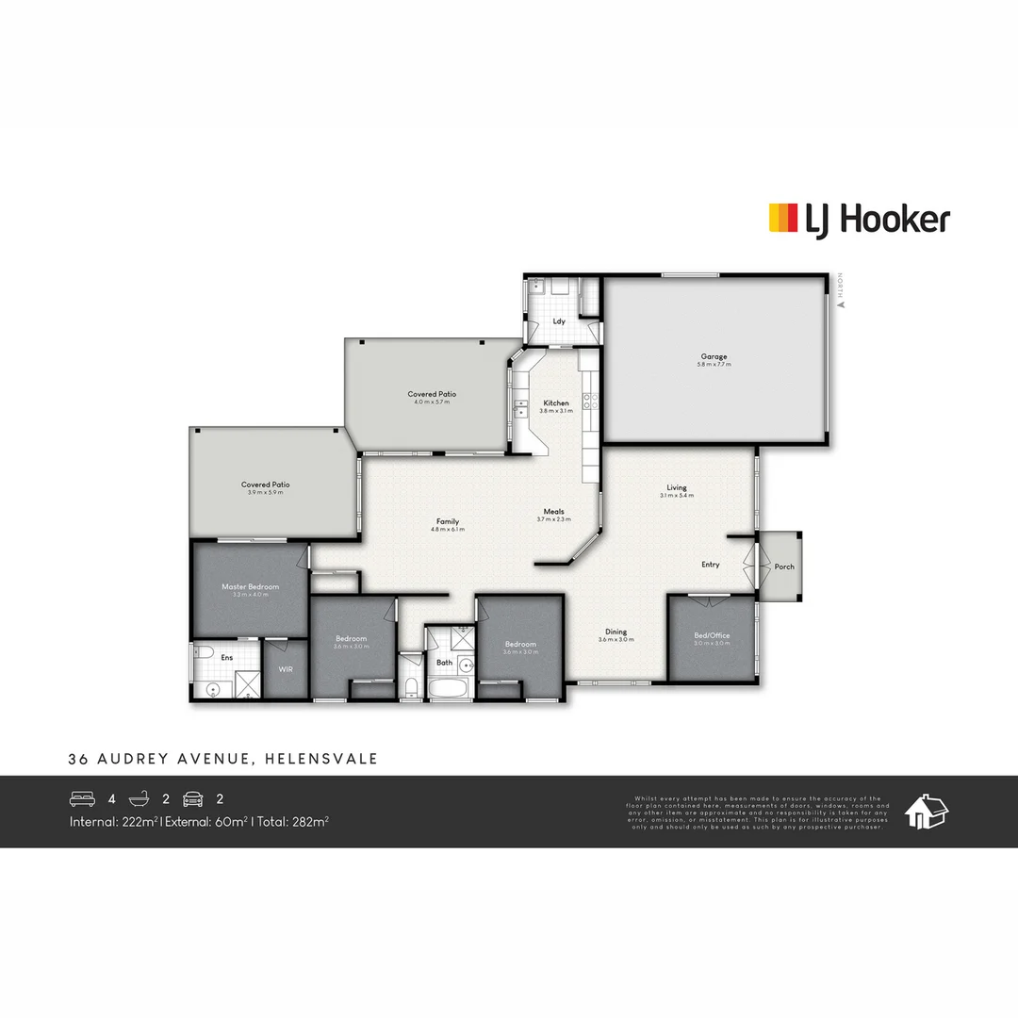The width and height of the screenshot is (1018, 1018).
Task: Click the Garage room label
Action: pyautogui.click(x=713, y=357)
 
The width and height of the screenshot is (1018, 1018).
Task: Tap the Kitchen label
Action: pyautogui.click(x=555, y=403)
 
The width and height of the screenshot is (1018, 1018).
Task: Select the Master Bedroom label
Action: pyautogui.click(x=251, y=587)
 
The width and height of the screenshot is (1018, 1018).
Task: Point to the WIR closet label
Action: pyautogui.click(x=285, y=668)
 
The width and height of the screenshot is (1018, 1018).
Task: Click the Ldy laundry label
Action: pyautogui.click(x=559, y=321)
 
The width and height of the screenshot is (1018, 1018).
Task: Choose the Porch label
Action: pyautogui.click(x=784, y=566)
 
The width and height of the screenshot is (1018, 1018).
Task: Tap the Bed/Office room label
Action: pyautogui.click(x=712, y=635)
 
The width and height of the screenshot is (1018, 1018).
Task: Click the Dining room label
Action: pyautogui.click(x=616, y=632)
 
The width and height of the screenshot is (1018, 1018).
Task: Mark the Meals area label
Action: pyautogui.click(x=553, y=512)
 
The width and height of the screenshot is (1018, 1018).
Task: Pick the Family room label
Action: pyautogui.click(x=448, y=521)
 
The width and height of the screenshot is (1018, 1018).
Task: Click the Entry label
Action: pyautogui.click(x=711, y=565)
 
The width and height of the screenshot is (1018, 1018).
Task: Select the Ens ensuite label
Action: pyautogui.click(x=227, y=657)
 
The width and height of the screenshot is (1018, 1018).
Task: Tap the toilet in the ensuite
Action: pyautogui.click(x=202, y=651)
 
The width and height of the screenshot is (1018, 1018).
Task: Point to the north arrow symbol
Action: pyautogui.click(x=840, y=303)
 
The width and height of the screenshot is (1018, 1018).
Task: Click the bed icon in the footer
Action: pyautogui.click(x=83, y=799)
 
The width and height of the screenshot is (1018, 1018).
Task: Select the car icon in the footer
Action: pyautogui.click(x=194, y=799)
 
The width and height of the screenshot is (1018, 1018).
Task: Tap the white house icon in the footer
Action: pyautogui.click(x=927, y=812)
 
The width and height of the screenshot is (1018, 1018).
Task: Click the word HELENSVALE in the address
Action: pyautogui.click(x=321, y=759)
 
